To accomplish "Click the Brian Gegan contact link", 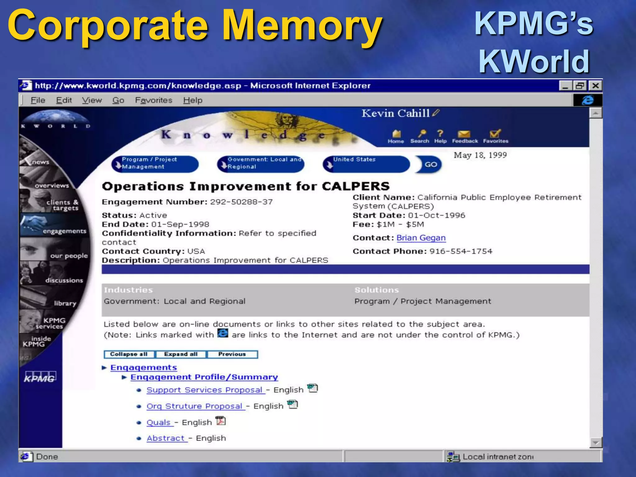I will click(x=421, y=238).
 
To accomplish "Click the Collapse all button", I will click(x=129, y=354).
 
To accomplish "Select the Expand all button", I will click(x=181, y=354).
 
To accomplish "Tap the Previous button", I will click(x=232, y=354).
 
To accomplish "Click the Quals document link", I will click(x=159, y=423).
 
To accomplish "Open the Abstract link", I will click(x=166, y=438).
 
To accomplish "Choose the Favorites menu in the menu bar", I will click(x=153, y=100).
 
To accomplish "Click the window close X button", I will click(x=595, y=86).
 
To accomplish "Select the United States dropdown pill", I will click(x=366, y=164).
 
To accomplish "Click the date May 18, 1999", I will click(x=480, y=155).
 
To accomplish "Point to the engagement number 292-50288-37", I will click(x=241, y=202).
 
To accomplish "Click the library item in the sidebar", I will click(x=65, y=303).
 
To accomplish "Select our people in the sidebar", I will click(x=69, y=256).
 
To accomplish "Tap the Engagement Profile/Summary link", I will click(x=204, y=377).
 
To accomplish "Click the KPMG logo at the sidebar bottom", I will click(x=40, y=378).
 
